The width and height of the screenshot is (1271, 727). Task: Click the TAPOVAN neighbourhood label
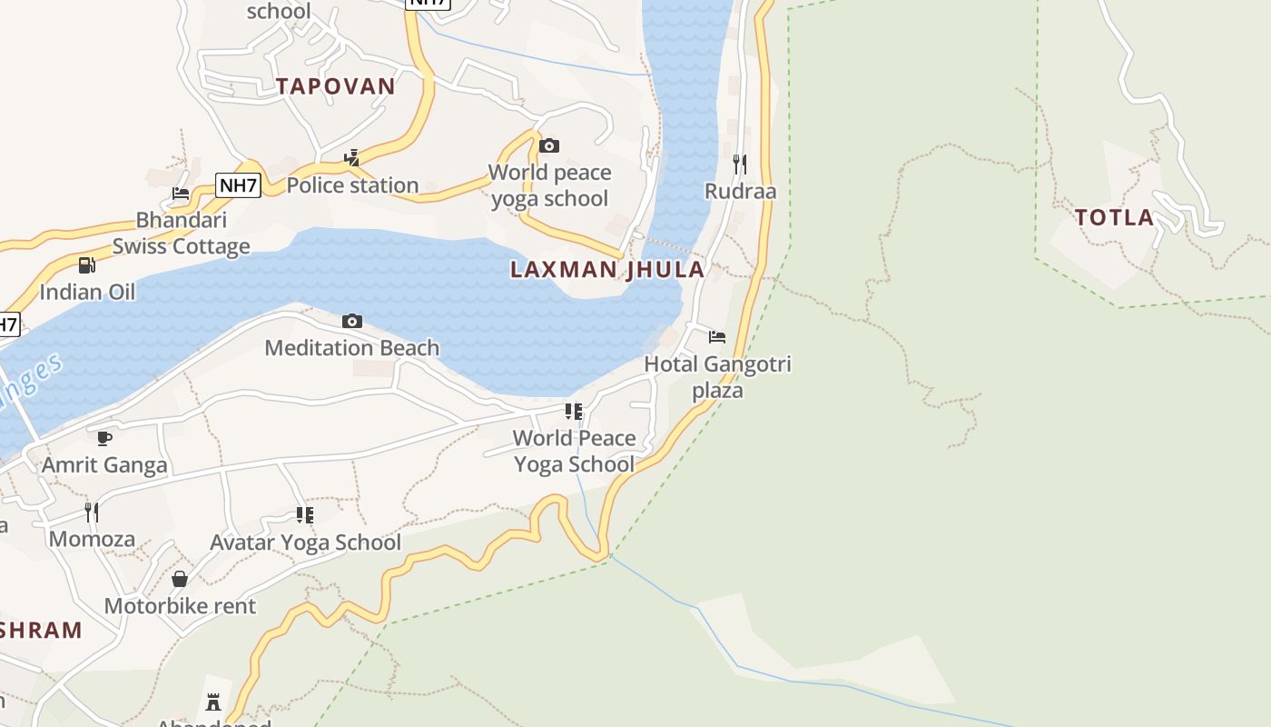pyautogui.click(x=336, y=86)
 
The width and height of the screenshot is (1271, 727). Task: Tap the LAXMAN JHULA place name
pyautogui.click(x=607, y=269)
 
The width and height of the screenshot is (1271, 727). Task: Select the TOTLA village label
pyautogui.click(x=1115, y=217)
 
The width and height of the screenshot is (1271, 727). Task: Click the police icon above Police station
pyautogui.click(x=352, y=158)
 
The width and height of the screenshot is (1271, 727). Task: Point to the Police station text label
pyautogui.click(x=352, y=185)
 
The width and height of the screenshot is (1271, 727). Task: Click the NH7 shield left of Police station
pyautogui.click(x=239, y=186)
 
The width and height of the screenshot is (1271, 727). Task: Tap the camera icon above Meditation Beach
pyautogui.click(x=352, y=321)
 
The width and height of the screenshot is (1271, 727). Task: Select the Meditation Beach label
pyautogui.click(x=352, y=348)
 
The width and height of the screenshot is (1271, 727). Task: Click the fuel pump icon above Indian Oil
pyautogui.click(x=87, y=265)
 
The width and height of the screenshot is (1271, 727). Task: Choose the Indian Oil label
pyautogui.click(x=87, y=292)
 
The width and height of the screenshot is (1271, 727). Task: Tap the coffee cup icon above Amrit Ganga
pyautogui.click(x=104, y=438)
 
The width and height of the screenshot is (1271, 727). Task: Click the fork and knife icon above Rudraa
pyautogui.click(x=741, y=164)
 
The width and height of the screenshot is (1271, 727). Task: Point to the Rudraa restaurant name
pyautogui.click(x=741, y=192)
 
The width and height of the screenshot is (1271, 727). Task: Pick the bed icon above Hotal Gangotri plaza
pyautogui.click(x=717, y=337)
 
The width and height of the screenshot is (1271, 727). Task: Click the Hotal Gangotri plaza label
pyautogui.click(x=717, y=377)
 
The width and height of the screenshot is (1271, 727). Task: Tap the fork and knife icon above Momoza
pyautogui.click(x=92, y=513)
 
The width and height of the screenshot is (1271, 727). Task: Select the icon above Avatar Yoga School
pyautogui.click(x=305, y=515)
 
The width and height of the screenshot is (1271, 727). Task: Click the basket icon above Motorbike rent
pyautogui.click(x=180, y=579)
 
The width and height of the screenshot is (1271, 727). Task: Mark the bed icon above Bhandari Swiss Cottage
pyautogui.click(x=181, y=194)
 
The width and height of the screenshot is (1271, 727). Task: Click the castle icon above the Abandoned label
pyautogui.click(x=213, y=702)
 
